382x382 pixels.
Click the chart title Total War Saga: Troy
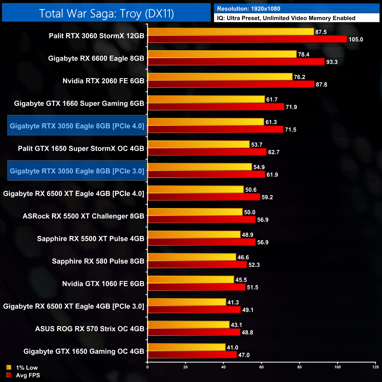[x=106, y=14]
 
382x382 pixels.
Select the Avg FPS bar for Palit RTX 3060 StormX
[x=247, y=39]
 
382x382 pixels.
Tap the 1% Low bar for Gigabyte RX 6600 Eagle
[x=222, y=54]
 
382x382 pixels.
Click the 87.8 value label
[x=321, y=85]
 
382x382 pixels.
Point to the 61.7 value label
[x=272, y=100]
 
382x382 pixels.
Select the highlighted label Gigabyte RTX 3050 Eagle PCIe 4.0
[x=77, y=126]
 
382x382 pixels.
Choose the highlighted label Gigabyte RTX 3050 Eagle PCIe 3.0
[x=77, y=171]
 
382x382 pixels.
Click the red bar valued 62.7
[x=207, y=152]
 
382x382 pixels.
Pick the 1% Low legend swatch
[x=9, y=367]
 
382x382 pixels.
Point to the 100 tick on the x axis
[x=337, y=367]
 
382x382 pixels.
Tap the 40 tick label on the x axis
[x=223, y=367]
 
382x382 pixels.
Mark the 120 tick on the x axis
[x=375, y=367]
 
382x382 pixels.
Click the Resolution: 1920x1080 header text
[x=249, y=9]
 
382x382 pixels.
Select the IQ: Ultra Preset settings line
[x=286, y=18]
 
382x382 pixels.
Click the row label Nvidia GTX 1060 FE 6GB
[x=103, y=284]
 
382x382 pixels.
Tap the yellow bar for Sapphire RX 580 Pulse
[x=192, y=257]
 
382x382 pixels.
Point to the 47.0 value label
[x=244, y=355]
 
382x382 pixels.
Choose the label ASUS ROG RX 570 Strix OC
[x=90, y=329]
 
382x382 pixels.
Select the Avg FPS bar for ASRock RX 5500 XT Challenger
[x=202, y=220]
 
